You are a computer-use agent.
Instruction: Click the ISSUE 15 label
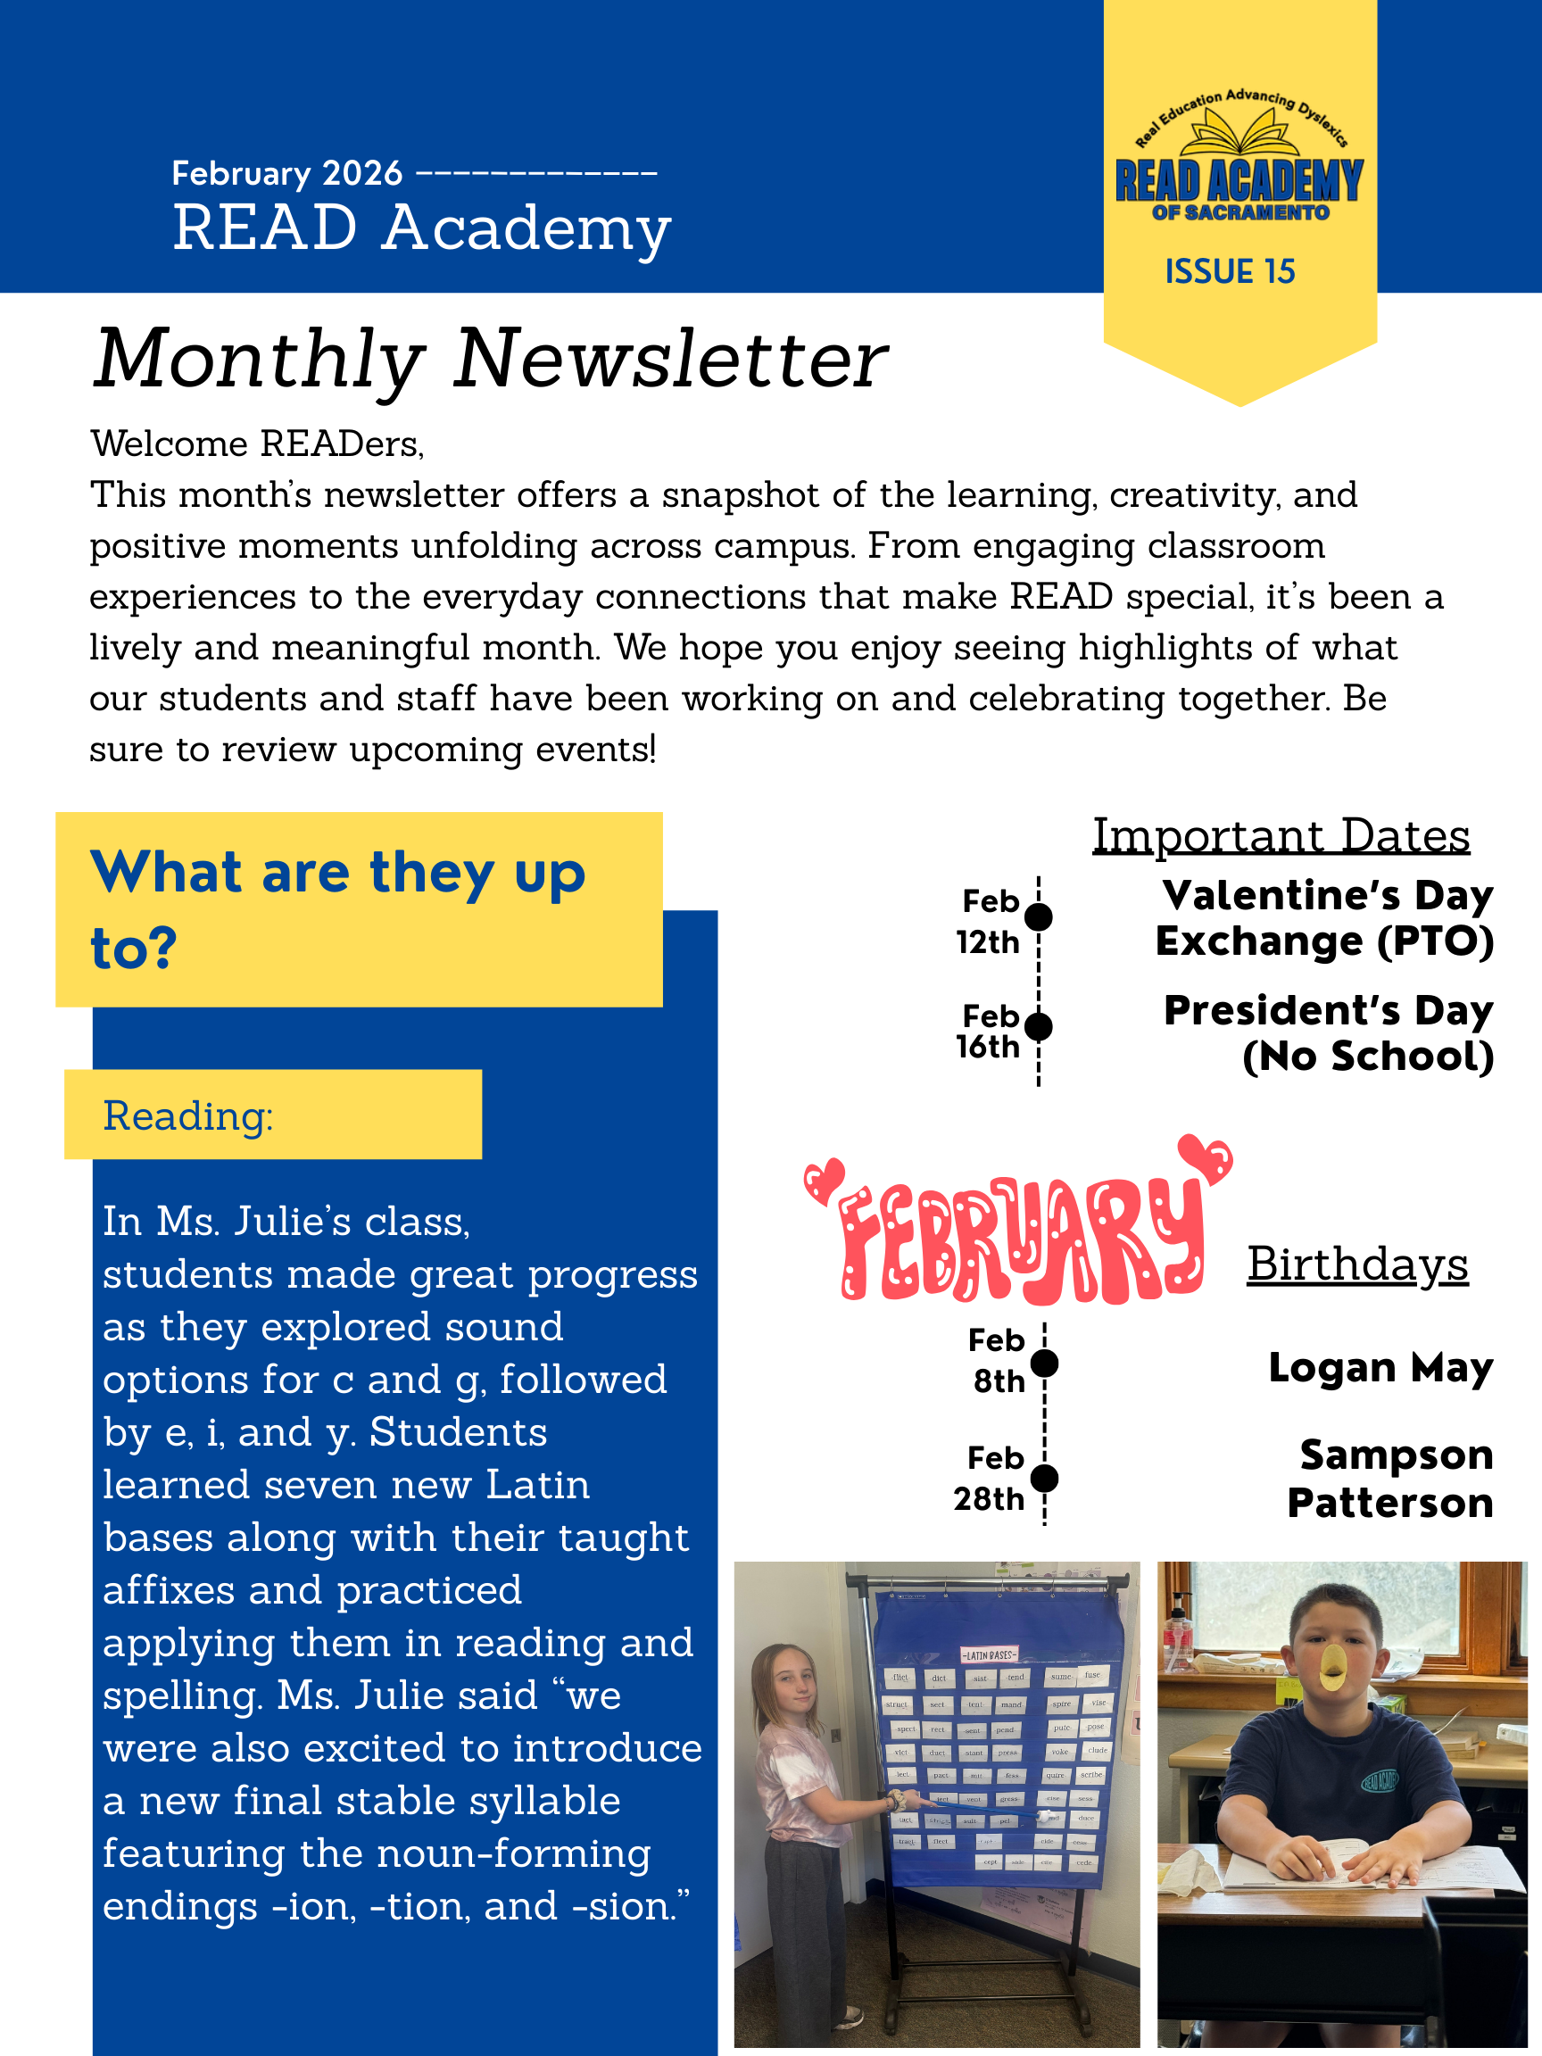pyautogui.click(x=1229, y=271)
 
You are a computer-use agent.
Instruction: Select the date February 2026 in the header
pyautogui.click(x=286, y=174)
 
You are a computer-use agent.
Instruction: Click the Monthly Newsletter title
pyautogui.click(x=491, y=360)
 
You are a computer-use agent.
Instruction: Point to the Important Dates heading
pyautogui.click(x=1280, y=835)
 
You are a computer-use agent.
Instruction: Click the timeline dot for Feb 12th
pyautogui.click(x=1038, y=917)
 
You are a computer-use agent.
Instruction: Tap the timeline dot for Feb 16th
pyautogui.click(x=1038, y=1027)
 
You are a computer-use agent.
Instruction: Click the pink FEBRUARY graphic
pyautogui.click(x=1018, y=1227)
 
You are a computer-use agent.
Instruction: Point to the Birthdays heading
pyautogui.click(x=1357, y=1264)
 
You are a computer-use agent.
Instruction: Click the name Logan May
pyautogui.click(x=1380, y=1367)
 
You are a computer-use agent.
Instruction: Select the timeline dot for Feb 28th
pyautogui.click(x=1045, y=1477)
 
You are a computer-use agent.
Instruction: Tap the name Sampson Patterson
pyautogui.click(x=1391, y=1478)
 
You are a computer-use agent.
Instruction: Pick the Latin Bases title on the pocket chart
pyautogui.click(x=988, y=1654)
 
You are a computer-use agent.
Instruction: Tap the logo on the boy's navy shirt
pyautogui.click(x=1380, y=1780)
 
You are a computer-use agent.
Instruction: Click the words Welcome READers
pyautogui.click(x=256, y=444)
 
